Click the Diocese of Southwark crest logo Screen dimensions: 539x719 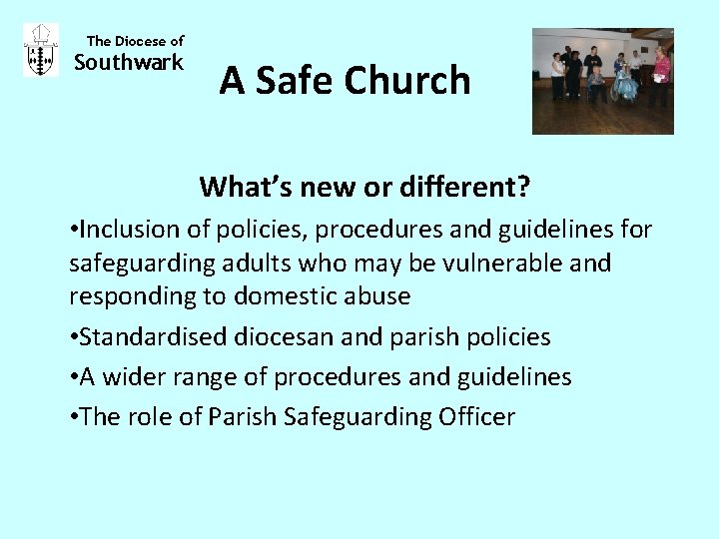point(40,50)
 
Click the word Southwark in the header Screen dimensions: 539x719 point(130,63)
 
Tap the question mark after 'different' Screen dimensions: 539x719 point(523,187)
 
